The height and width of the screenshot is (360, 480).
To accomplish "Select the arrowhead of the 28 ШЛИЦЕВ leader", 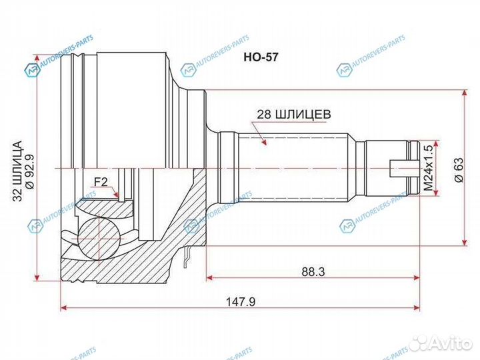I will (x=265, y=142).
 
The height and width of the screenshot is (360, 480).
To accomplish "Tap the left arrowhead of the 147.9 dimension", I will (x=64, y=307).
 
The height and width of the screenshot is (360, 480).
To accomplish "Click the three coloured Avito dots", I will (x=419, y=343).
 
